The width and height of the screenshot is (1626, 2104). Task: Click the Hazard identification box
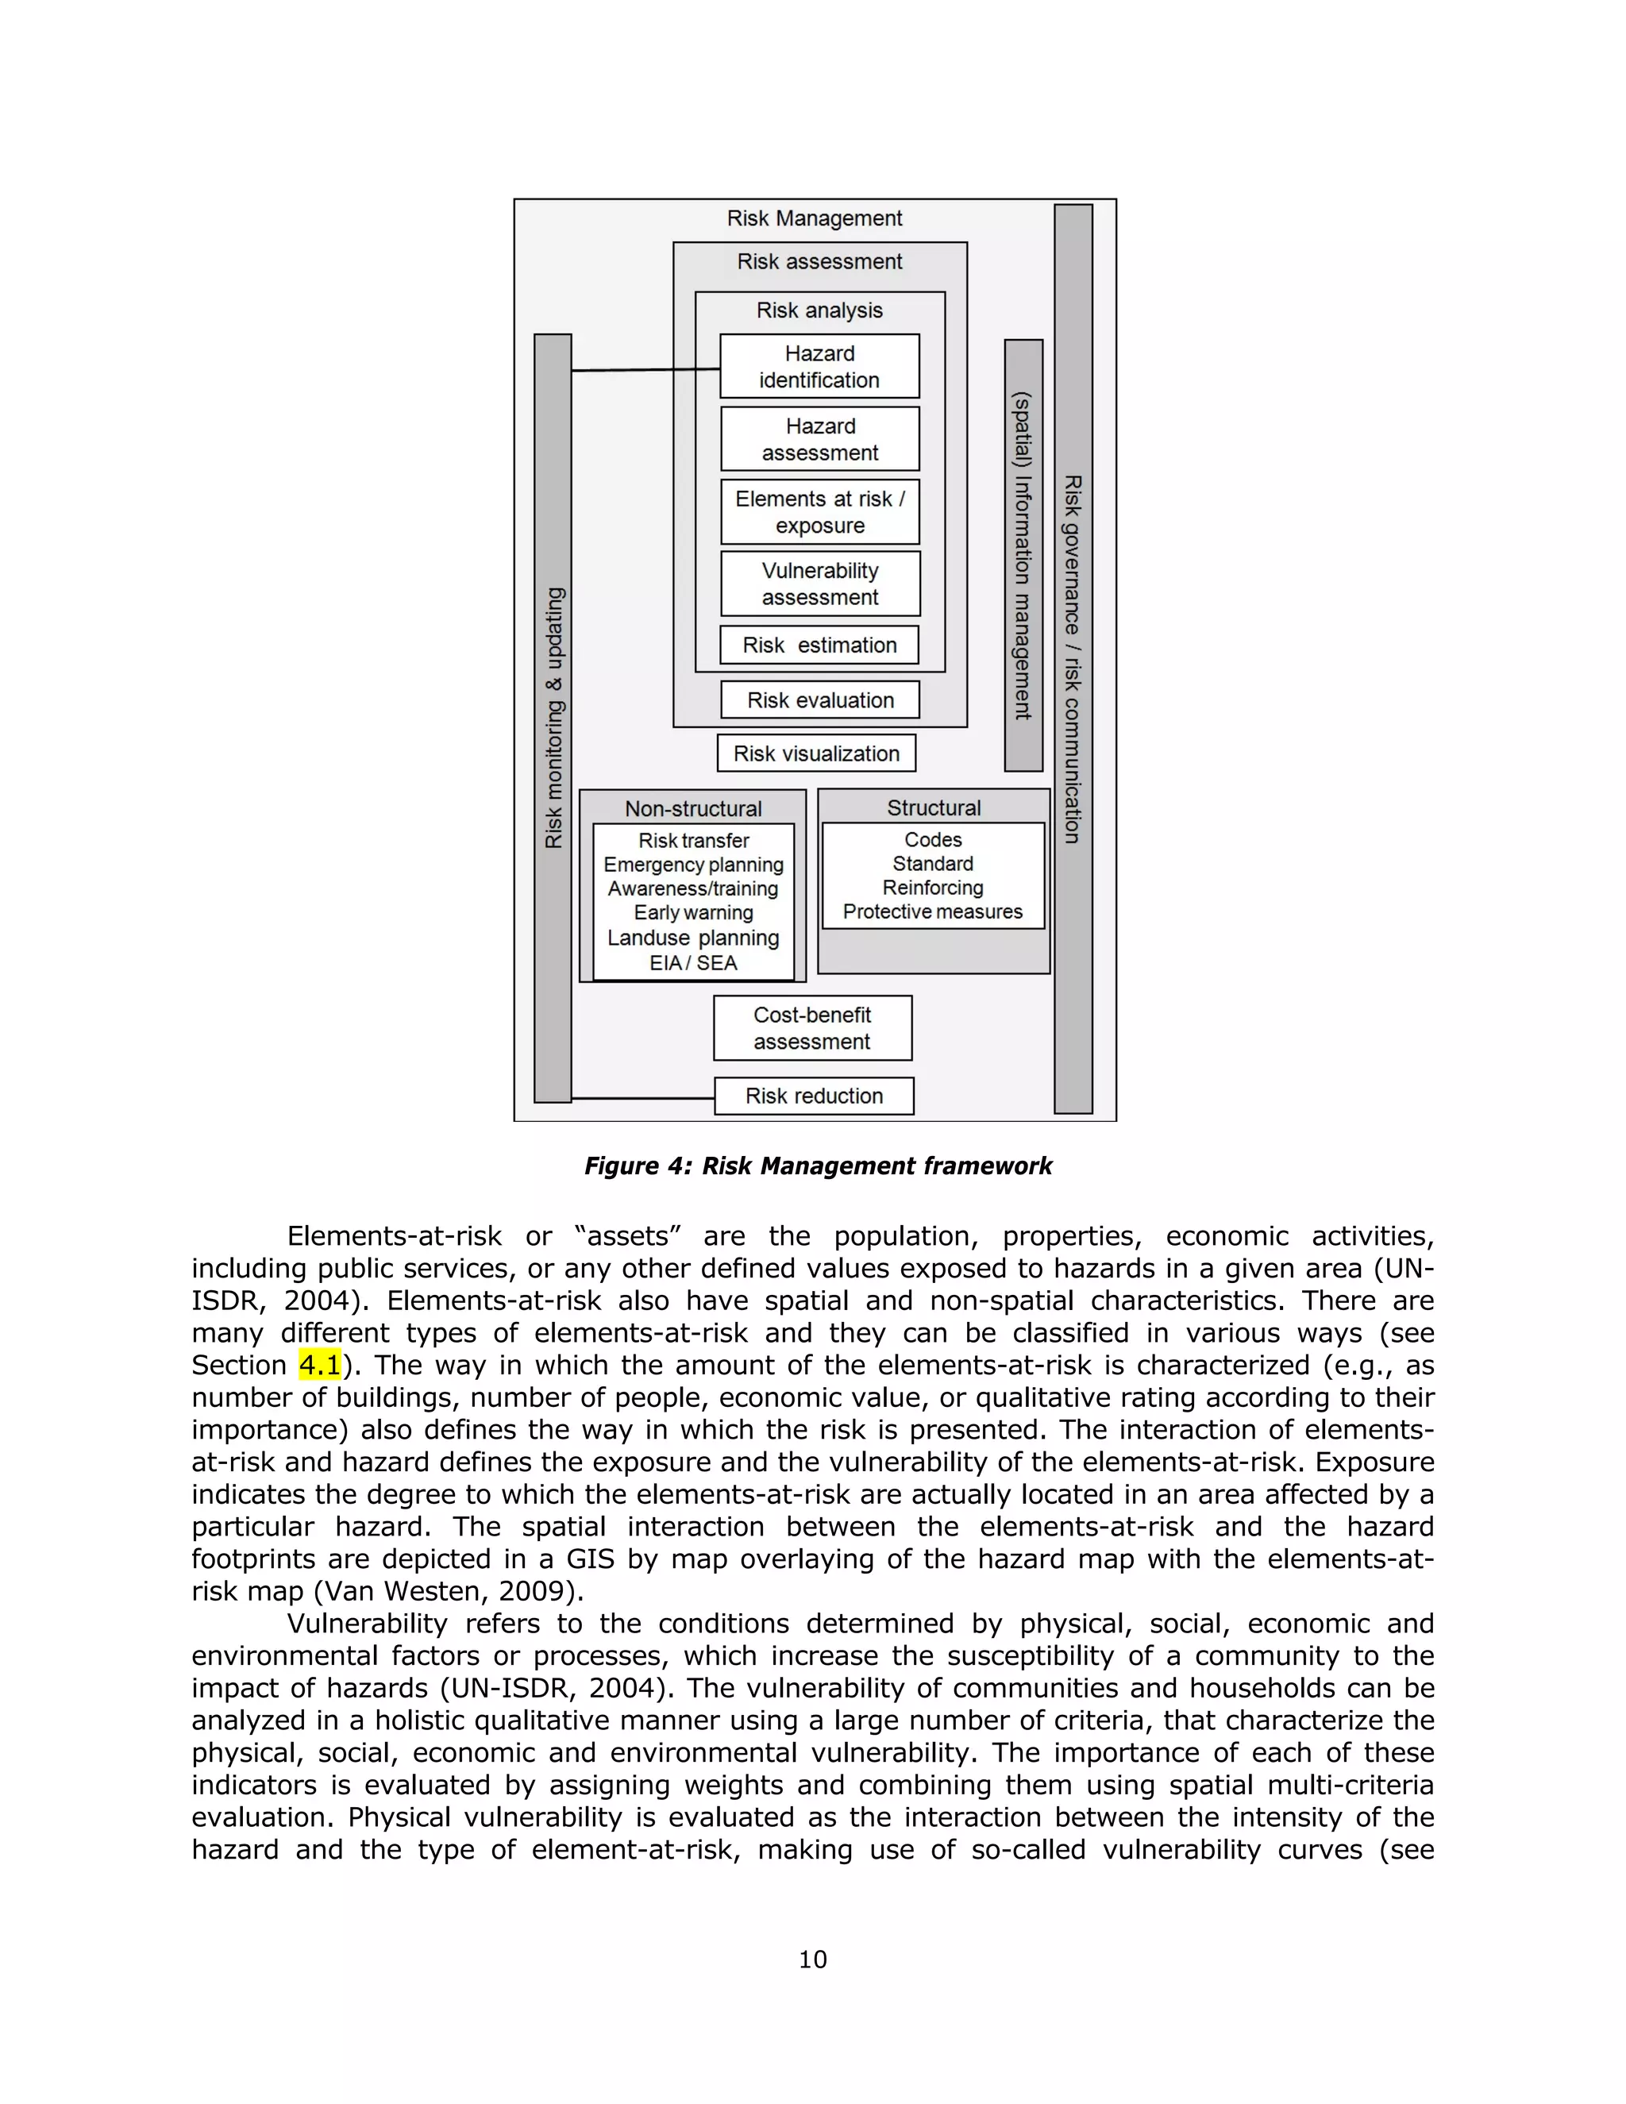(819, 366)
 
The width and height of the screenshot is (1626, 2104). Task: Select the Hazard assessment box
(819, 439)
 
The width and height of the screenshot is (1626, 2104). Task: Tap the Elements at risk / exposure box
(819, 511)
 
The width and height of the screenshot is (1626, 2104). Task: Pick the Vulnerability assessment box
(819, 584)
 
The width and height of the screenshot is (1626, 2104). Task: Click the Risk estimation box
(819, 645)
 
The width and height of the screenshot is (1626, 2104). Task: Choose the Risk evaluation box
(819, 700)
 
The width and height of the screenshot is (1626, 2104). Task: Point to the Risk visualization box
(816, 753)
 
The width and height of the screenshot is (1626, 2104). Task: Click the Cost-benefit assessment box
(812, 1028)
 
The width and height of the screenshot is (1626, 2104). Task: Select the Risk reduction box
(814, 1096)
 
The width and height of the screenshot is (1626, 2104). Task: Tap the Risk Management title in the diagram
(814, 218)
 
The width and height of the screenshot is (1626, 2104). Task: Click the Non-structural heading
(692, 808)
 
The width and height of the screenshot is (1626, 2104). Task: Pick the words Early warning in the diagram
(692, 912)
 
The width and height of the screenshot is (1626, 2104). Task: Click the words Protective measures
(932, 911)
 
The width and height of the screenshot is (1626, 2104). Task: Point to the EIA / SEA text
(692, 962)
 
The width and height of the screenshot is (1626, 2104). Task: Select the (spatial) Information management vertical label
(1023, 556)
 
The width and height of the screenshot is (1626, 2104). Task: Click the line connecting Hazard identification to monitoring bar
(645, 369)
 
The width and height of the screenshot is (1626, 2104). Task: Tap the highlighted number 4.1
(320, 1365)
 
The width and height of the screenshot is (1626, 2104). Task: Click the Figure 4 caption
(818, 1166)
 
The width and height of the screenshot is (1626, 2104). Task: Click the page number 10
(812, 1959)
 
